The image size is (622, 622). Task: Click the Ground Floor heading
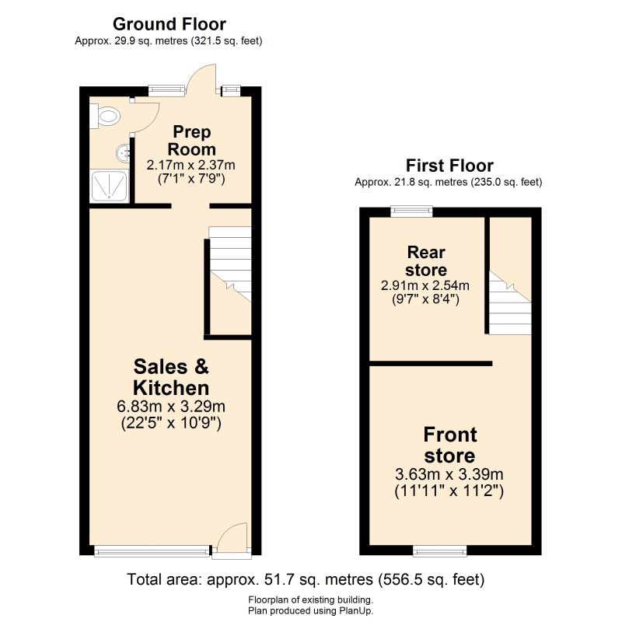[x=169, y=23]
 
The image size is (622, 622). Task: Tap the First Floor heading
[x=449, y=166]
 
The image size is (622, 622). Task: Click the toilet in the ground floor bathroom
[x=107, y=117]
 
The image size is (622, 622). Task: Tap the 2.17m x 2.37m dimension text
[x=191, y=165]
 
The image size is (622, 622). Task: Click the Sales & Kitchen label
[x=171, y=377]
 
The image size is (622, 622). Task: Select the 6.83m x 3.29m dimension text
[x=171, y=407]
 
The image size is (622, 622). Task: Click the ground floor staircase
[x=231, y=264]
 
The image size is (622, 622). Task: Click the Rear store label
[x=426, y=261]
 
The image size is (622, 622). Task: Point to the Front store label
[x=449, y=445]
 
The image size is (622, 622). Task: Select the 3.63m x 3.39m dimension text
[x=449, y=474]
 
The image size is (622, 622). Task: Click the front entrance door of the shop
[x=232, y=540]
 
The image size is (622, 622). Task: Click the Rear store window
[x=411, y=208]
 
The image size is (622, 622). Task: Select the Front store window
[x=440, y=551]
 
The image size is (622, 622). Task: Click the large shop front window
[x=152, y=551]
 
